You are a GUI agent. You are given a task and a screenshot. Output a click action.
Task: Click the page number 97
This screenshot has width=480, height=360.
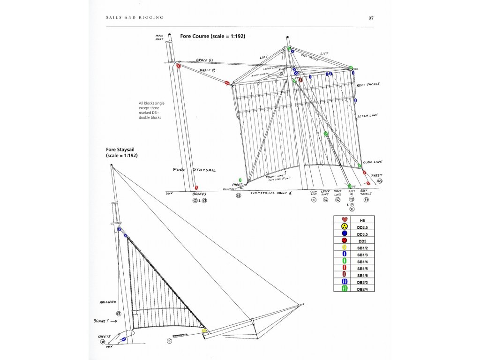pyautogui.click(x=371, y=18)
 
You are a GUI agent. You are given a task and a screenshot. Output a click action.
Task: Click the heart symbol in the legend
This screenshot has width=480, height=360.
pyautogui.click(x=344, y=220)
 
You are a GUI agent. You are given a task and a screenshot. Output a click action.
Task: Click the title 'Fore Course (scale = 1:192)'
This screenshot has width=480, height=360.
pyautogui.click(x=213, y=36)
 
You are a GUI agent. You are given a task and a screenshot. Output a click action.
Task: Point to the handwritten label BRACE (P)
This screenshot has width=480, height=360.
pyautogui.click(x=207, y=70)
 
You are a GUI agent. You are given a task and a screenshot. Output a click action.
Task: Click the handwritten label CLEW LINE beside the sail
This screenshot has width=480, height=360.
pyautogui.click(x=373, y=162)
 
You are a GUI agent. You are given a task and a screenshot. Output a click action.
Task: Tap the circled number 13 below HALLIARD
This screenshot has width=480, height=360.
pyautogui.click(x=119, y=313)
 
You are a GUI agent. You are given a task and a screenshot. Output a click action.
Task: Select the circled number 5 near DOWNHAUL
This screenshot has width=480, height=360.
pyautogui.click(x=170, y=341)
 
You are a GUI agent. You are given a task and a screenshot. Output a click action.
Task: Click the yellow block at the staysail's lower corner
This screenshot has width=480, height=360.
pyautogui.click(x=204, y=330)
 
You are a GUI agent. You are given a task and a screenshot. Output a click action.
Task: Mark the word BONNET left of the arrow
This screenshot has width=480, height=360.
pyautogui.click(x=101, y=321)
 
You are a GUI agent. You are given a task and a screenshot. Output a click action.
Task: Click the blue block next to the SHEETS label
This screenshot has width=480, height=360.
pyautogui.click(x=124, y=339)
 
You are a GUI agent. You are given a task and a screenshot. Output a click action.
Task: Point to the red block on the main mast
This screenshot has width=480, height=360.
pyautogui.click(x=178, y=67)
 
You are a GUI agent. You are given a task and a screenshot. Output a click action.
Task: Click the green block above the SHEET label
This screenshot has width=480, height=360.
pyautogui.click(x=240, y=180)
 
